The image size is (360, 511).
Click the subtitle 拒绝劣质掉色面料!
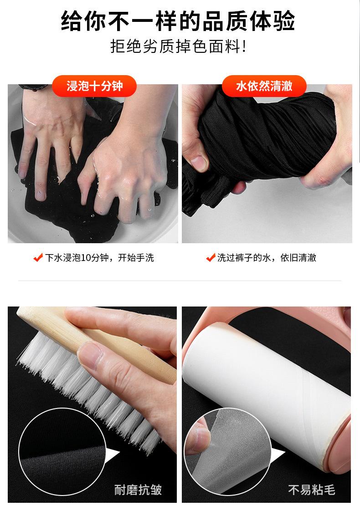click(x=178, y=46)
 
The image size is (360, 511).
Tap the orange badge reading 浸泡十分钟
click(x=94, y=86)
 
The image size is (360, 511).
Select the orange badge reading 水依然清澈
click(x=264, y=86)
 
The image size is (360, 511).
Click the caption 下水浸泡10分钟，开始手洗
click(x=99, y=258)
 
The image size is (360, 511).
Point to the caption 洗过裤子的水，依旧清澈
click(x=267, y=258)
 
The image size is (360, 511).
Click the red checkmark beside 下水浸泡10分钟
click(x=38, y=258)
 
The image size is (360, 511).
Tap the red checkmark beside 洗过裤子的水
click(x=211, y=258)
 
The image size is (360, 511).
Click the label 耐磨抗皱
click(x=138, y=490)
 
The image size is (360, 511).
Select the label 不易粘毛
click(x=312, y=490)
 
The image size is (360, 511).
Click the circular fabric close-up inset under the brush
click(x=62, y=452)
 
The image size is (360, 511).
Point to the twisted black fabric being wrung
click(x=257, y=143)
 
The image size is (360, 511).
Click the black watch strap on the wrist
click(x=33, y=87)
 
